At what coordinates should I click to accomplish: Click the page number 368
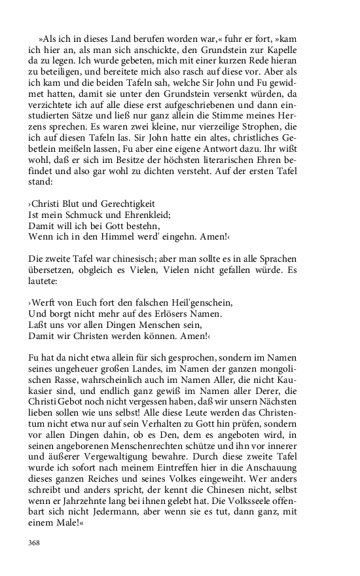point(35,543)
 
